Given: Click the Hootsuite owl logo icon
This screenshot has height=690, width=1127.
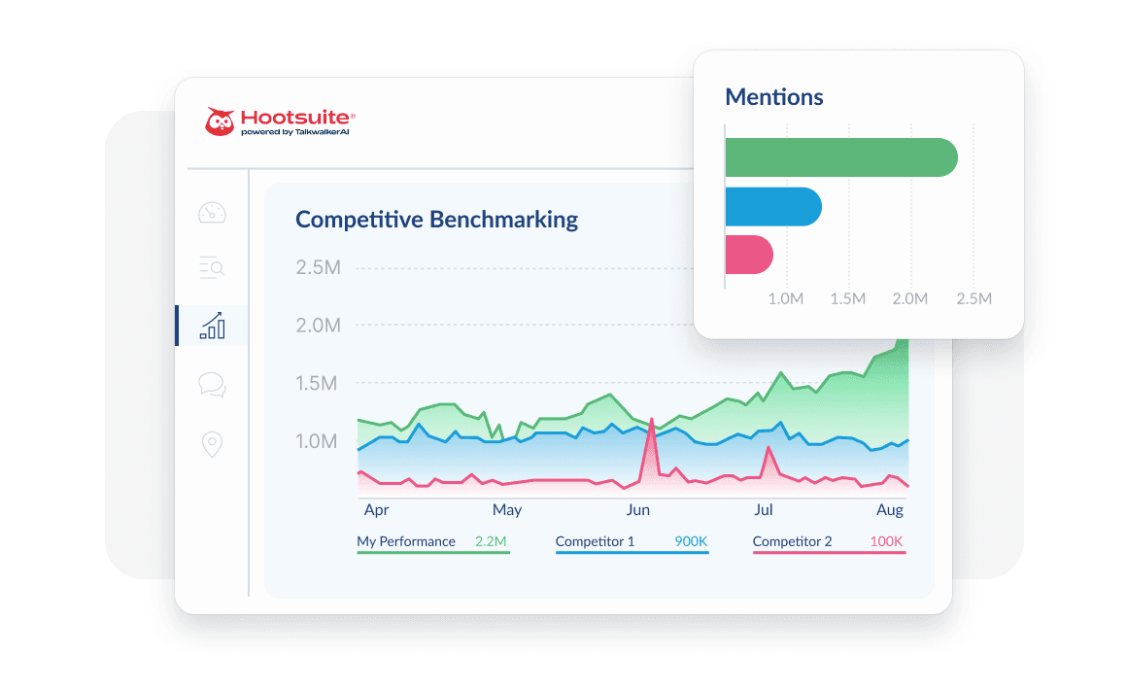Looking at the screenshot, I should [x=221, y=121].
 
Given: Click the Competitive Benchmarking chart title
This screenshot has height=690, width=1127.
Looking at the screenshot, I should [x=436, y=220].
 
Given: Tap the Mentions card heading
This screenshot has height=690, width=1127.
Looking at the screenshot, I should [x=774, y=97].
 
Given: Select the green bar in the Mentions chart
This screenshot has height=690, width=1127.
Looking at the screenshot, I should [x=841, y=157].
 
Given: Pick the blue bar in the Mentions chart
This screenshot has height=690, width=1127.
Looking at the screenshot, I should [x=773, y=206].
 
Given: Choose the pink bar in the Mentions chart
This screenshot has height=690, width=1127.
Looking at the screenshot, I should [x=749, y=255].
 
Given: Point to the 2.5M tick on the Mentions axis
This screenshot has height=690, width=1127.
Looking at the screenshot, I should [x=973, y=298].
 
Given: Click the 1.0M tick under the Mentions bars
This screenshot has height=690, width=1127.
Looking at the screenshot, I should [x=785, y=298].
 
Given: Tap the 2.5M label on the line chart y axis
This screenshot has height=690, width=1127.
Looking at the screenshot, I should [x=318, y=267].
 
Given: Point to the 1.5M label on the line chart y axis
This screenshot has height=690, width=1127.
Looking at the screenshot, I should [x=318, y=384].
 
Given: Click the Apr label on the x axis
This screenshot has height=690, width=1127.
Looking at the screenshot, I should [x=376, y=509].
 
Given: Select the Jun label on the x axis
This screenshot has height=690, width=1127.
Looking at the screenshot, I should [x=638, y=509].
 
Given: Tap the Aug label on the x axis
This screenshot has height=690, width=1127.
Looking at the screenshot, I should [x=890, y=509].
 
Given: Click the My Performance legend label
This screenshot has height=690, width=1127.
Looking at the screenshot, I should [x=406, y=541].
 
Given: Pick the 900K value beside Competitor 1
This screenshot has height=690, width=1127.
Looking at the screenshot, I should [x=691, y=541].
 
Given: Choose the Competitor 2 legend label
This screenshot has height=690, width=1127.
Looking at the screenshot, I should [x=792, y=541].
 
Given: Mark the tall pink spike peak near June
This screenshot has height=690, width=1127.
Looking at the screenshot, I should [x=651, y=420].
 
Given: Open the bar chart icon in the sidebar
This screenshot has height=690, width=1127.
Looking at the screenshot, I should [x=212, y=326].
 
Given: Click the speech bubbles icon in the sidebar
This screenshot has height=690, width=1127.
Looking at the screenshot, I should [x=212, y=385].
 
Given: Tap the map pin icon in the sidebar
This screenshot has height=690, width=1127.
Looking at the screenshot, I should [x=212, y=445].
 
